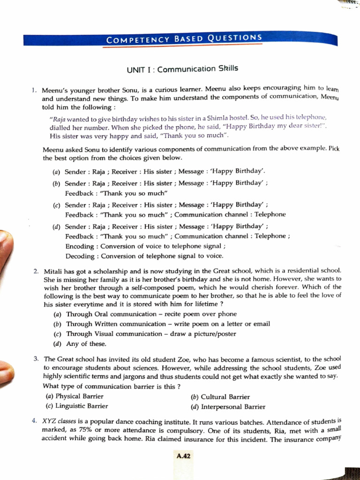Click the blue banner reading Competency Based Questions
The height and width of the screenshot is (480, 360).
coord(184,39)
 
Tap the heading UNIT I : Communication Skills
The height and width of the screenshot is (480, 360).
coord(182,69)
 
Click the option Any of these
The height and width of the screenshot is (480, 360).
coord(80,344)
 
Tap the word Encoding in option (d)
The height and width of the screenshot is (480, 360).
coord(80,246)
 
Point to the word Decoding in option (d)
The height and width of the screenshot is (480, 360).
coord(80,256)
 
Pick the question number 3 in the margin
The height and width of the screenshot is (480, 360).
coord(36,359)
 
